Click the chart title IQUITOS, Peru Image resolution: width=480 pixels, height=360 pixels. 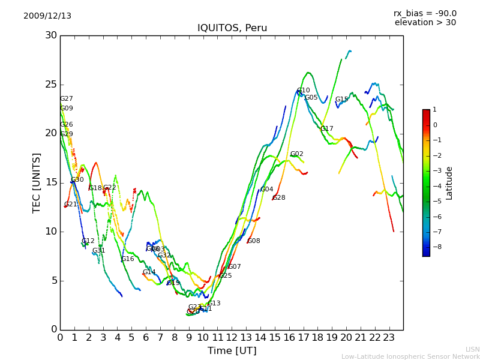[232, 28]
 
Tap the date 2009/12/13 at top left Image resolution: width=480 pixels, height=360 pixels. [47, 16]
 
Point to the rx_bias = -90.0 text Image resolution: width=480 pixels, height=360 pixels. [425, 13]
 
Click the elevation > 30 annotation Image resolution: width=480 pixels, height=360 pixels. [425, 23]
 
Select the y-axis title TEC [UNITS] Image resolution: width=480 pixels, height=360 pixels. [37, 182]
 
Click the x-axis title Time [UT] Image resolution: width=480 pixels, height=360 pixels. [232, 350]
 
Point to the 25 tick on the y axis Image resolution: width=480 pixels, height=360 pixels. [51, 85]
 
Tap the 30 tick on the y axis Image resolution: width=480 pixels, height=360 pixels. [51, 35]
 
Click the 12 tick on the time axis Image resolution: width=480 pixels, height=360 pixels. [232, 338]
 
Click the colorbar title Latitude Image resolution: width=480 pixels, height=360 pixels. [449, 183]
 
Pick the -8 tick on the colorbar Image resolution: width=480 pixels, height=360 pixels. [435, 246]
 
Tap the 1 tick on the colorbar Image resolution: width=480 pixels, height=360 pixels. [435, 110]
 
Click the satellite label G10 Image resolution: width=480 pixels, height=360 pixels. [304, 91]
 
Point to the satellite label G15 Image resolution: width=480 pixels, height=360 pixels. [341, 100]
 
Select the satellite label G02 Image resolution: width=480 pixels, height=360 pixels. [296, 154]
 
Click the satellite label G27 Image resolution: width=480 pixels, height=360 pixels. [66, 99]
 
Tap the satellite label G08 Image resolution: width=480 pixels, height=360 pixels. [254, 241]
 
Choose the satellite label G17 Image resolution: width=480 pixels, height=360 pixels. [326, 129]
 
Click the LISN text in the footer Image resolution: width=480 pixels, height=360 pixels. [472, 349]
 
